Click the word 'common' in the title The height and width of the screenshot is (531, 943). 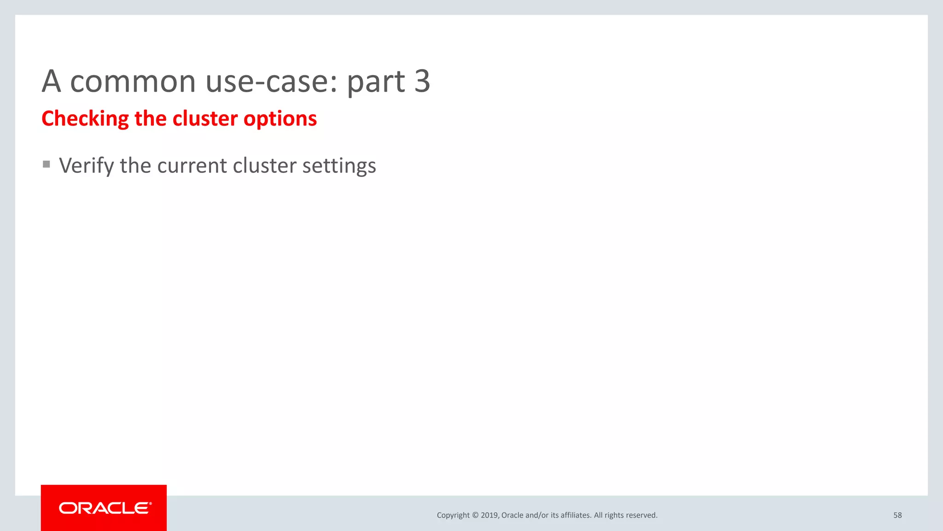click(133, 82)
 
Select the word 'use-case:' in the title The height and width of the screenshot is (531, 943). click(272, 82)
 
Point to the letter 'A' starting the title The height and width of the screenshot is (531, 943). click(51, 81)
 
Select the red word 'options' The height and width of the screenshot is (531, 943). click(280, 119)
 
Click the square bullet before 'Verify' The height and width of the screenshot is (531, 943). click(47, 164)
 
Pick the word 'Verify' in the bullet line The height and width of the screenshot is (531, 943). click(86, 166)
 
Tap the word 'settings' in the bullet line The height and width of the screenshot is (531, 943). click(339, 166)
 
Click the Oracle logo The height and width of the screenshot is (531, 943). click(104, 508)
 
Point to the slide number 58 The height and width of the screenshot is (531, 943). click(897, 515)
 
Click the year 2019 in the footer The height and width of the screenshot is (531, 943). click(489, 515)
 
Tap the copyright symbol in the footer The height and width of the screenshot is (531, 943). click(475, 515)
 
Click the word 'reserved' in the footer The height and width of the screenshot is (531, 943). click(641, 515)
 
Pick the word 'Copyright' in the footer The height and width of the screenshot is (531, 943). click(453, 515)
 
